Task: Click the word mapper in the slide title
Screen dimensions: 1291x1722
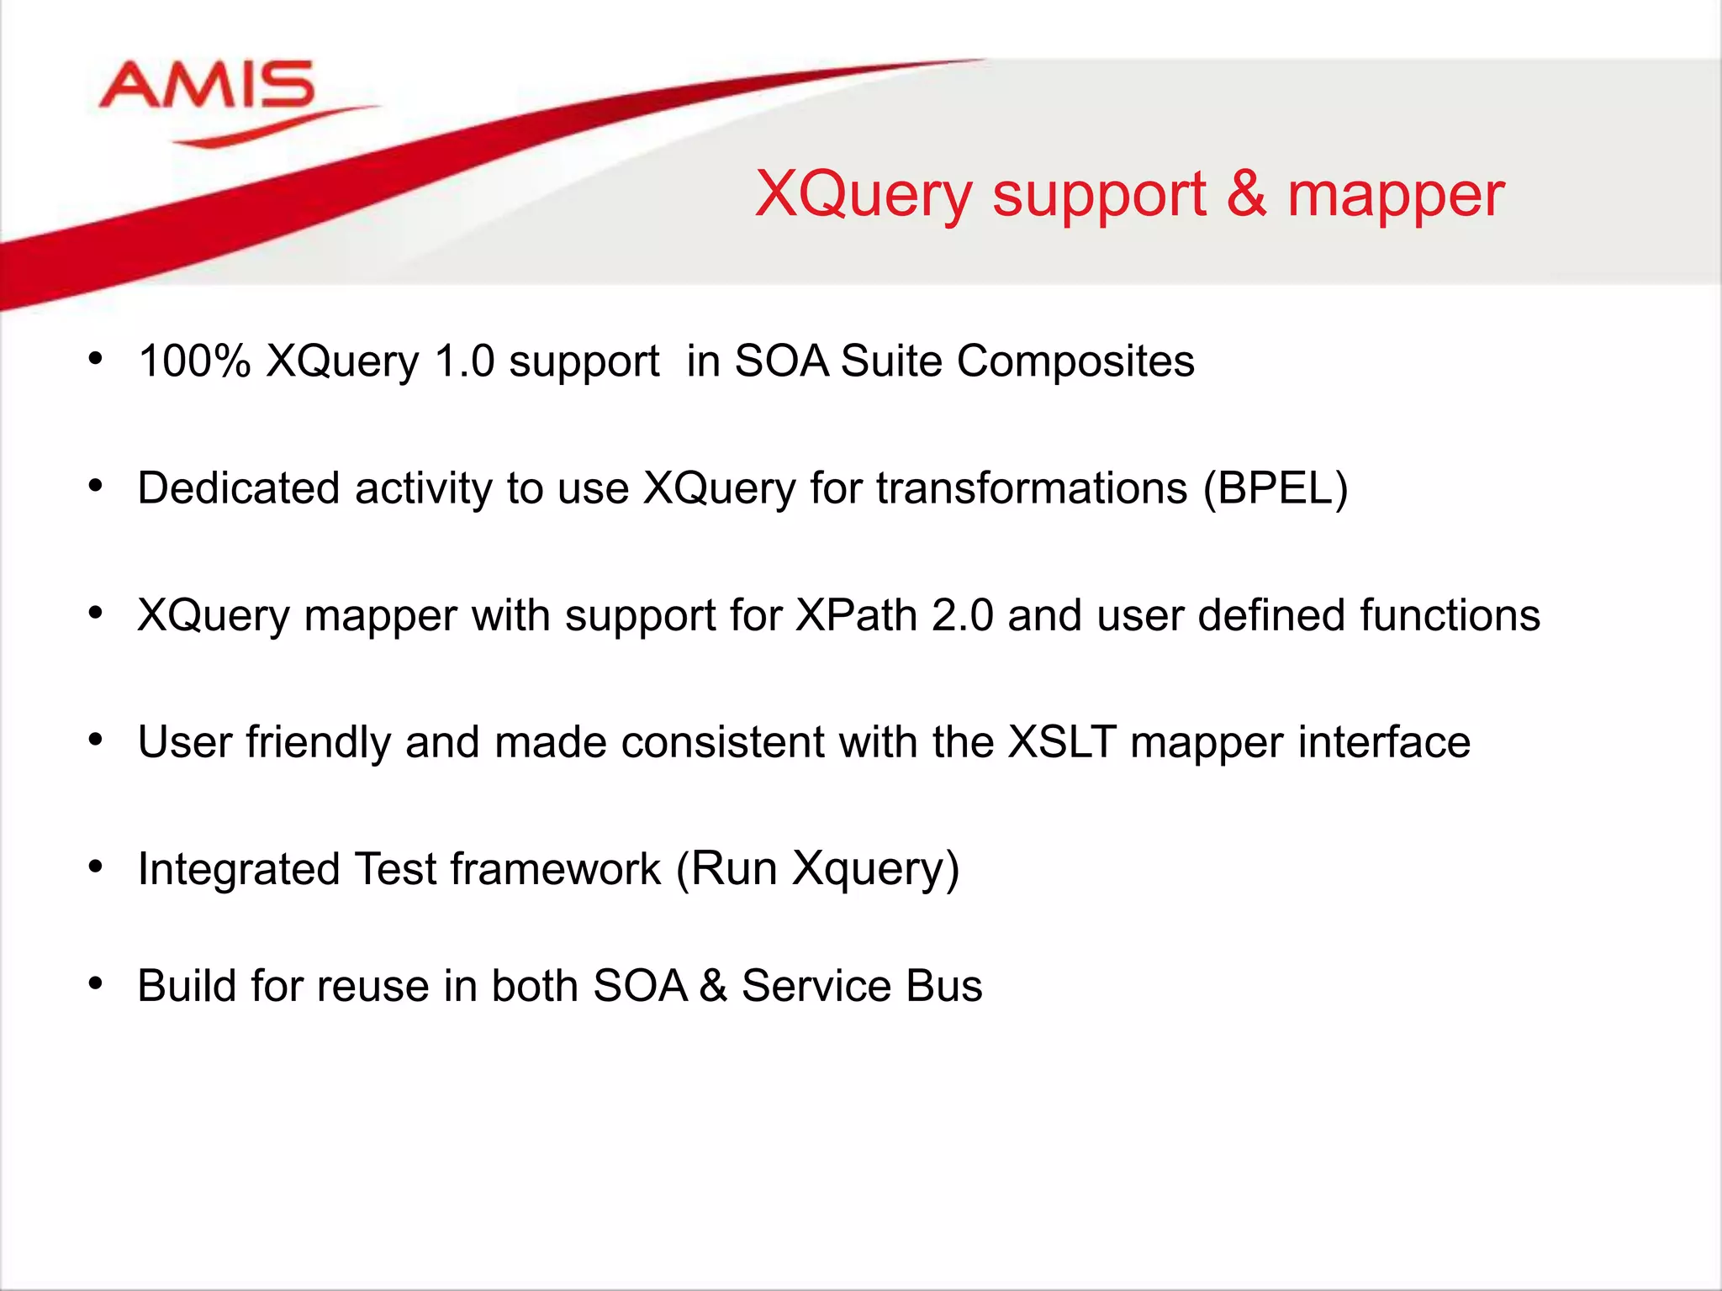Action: [x=1395, y=196]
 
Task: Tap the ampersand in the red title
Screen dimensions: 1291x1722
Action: [x=1245, y=192]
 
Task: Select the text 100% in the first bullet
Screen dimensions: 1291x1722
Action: [x=194, y=361]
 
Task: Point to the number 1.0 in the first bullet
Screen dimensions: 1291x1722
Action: [x=464, y=361]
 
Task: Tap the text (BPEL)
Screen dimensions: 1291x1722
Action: [x=1275, y=488]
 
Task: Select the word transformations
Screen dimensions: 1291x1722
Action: [x=1032, y=488]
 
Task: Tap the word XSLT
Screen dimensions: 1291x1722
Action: [x=1062, y=742]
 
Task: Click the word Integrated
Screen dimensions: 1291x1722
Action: [x=238, y=869]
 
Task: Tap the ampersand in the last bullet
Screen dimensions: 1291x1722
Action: [x=712, y=986]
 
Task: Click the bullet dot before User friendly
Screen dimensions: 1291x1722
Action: [x=96, y=740]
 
